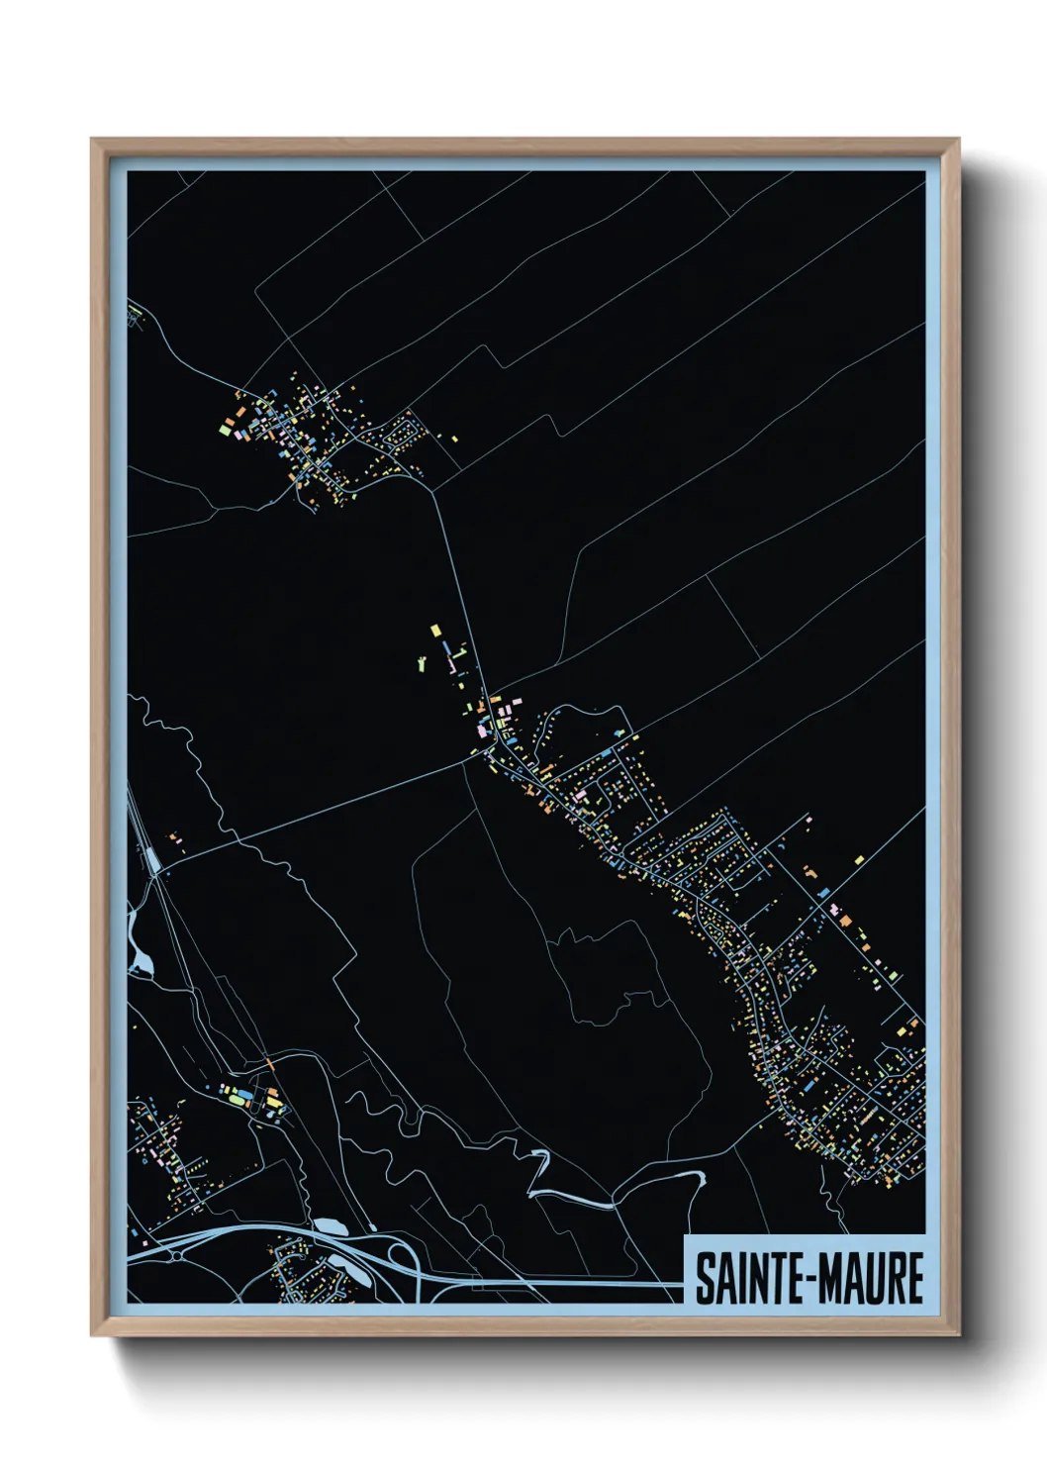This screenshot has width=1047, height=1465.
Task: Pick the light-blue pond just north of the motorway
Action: tap(328, 1228)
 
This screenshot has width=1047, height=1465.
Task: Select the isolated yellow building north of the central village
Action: tap(434, 631)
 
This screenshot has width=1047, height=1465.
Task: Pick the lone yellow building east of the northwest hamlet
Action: tap(454, 438)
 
